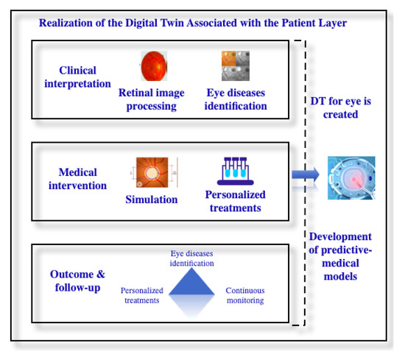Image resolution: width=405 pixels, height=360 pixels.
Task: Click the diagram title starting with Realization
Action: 194,23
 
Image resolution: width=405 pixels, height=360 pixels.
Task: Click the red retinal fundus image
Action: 155,66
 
